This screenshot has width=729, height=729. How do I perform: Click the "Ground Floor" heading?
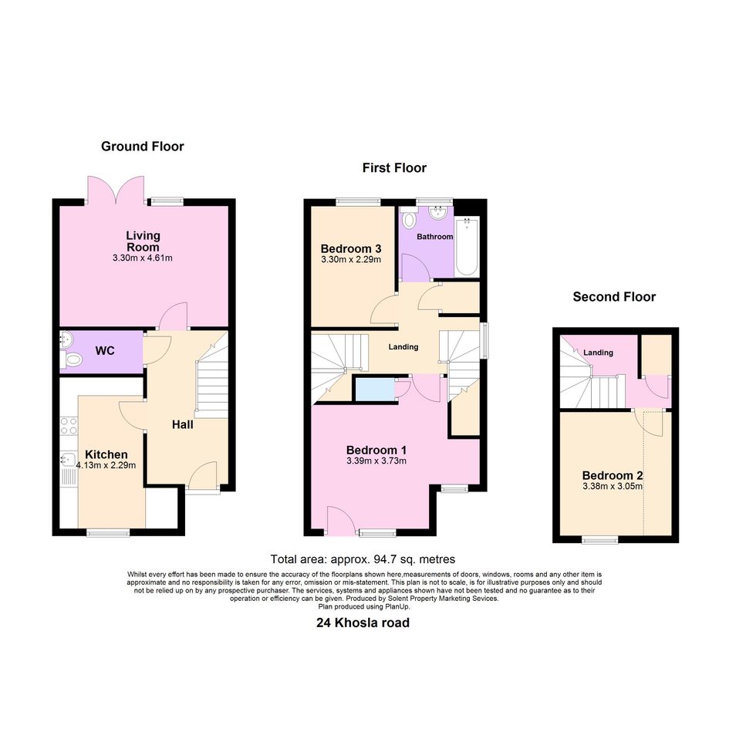click(142, 147)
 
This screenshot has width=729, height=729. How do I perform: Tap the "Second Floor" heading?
click(614, 297)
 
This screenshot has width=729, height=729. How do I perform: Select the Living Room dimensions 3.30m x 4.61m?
click(142, 258)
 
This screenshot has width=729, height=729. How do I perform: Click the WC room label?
click(105, 351)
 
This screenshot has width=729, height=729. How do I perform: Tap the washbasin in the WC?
click(66, 339)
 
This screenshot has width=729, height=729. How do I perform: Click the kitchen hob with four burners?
click(69, 426)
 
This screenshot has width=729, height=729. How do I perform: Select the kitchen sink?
click(68, 459)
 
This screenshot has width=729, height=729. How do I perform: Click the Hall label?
click(183, 424)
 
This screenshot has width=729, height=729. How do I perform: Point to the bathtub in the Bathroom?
click(467, 247)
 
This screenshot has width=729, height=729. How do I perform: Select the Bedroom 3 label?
click(351, 248)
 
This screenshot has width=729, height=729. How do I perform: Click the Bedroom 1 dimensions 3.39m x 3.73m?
click(376, 461)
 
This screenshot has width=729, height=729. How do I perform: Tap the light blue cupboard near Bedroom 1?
click(374, 390)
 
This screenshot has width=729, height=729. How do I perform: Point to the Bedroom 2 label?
click(613, 476)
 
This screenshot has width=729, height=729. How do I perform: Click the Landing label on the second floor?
click(599, 353)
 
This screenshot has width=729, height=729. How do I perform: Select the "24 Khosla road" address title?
click(363, 623)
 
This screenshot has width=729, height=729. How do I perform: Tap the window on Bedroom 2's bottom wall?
click(600, 540)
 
